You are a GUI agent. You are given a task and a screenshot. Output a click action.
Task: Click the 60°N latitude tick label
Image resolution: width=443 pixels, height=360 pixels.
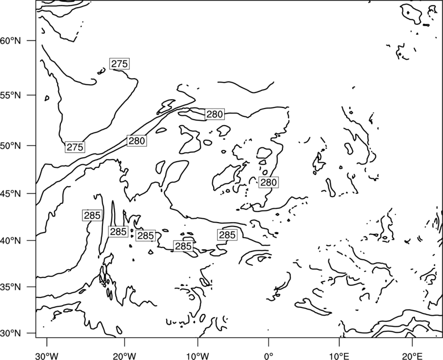[11, 40]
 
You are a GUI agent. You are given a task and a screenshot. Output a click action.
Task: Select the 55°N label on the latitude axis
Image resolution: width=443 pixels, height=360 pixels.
[11, 95]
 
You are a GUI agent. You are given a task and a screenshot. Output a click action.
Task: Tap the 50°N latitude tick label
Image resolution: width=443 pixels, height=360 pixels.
[11, 146]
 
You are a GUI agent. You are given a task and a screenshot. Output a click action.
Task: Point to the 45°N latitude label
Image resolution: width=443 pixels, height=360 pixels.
[11, 193]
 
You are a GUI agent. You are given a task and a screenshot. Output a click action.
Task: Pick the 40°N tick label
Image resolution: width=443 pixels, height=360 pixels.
[11, 240]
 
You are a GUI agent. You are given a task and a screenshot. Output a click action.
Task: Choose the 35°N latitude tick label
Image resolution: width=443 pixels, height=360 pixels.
[11, 287]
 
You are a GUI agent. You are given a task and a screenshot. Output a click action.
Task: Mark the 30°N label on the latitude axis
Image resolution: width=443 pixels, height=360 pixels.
[11, 333]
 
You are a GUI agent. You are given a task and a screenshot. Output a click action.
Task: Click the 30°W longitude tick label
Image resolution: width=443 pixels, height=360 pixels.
[47, 356]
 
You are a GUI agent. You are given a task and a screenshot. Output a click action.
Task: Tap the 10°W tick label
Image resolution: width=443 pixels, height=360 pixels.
[198, 356]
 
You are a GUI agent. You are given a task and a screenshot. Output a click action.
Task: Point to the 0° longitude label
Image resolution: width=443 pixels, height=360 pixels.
[269, 356]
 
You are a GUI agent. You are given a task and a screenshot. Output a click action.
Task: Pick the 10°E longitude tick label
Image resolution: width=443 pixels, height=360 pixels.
[339, 356]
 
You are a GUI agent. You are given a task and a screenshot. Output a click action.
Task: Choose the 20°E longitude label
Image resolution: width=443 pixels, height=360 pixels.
[412, 356]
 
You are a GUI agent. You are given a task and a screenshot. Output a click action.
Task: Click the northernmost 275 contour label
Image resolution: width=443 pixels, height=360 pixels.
[120, 64]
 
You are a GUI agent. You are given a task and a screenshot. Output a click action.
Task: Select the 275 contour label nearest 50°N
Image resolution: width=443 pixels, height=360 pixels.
[75, 147]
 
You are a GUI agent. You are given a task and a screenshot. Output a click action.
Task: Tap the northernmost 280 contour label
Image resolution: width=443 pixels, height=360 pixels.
[215, 114]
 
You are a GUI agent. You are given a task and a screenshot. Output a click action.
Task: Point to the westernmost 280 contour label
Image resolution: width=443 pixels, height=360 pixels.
[137, 141]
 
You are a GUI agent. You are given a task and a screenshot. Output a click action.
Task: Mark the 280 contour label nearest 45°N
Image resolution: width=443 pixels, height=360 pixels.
[269, 183]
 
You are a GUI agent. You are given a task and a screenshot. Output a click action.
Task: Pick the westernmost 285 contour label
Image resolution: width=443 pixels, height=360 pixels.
[92, 215]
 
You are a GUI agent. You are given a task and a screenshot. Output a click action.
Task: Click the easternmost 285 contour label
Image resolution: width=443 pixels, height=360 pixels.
[227, 235]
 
